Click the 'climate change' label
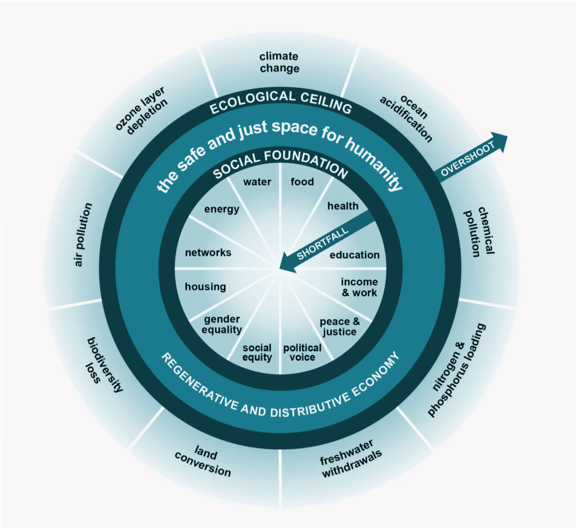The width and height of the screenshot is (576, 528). [279, 62]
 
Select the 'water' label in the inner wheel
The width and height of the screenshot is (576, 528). [257, 182]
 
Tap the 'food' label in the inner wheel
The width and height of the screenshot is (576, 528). [302, 182]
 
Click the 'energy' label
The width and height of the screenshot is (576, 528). [222, 209]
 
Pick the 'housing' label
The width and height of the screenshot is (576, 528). [205, 287]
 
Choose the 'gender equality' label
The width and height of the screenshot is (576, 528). [223, 324]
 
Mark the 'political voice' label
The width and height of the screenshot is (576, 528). [302, 352]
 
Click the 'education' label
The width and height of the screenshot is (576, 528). [354, 255]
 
